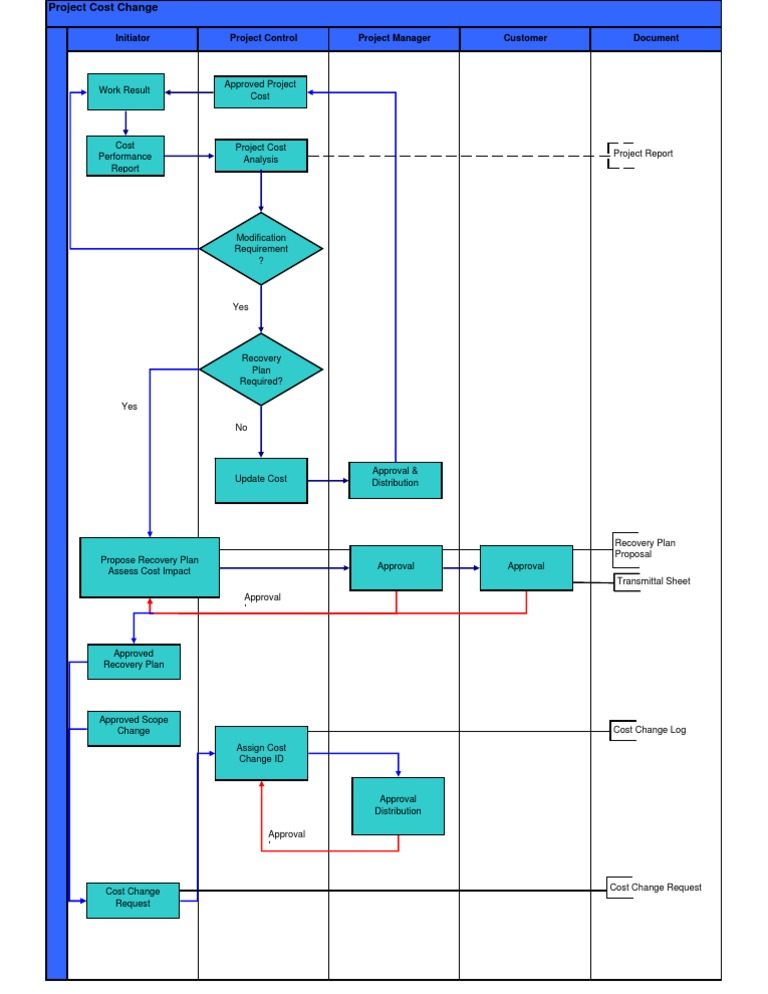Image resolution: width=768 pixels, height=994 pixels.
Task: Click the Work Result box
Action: [125, 91]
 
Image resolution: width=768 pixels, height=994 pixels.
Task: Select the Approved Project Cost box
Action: [260, 91]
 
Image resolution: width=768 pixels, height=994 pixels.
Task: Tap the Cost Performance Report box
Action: [125, 157]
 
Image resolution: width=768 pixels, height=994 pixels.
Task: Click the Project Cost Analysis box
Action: [260, 154]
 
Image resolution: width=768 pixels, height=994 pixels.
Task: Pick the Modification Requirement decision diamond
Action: [261, 249]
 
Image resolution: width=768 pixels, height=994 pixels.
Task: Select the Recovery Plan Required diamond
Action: [261, 370]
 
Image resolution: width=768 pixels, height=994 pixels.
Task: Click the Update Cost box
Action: [261, 479]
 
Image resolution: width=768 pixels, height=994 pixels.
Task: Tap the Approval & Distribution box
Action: [395, 478]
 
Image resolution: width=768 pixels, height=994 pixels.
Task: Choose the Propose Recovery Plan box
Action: [149, 567]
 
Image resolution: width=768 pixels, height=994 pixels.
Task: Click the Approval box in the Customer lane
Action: [526, 567]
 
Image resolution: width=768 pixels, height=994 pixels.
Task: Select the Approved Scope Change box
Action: [134, 727]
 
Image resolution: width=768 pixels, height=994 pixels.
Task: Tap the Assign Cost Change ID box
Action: [261, 754]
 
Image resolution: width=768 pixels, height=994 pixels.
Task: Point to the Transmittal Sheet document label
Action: [653, 581]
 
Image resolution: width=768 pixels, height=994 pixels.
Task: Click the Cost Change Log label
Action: [649, 730]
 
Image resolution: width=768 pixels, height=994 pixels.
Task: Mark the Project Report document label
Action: [643, 154]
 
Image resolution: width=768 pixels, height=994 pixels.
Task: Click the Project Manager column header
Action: [395, 39]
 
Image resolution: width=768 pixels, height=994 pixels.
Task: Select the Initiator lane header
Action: [133, 39]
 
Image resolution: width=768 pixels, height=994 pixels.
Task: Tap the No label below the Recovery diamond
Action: [241, 428]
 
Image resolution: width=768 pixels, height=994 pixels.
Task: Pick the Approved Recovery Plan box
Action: [134, 660]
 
